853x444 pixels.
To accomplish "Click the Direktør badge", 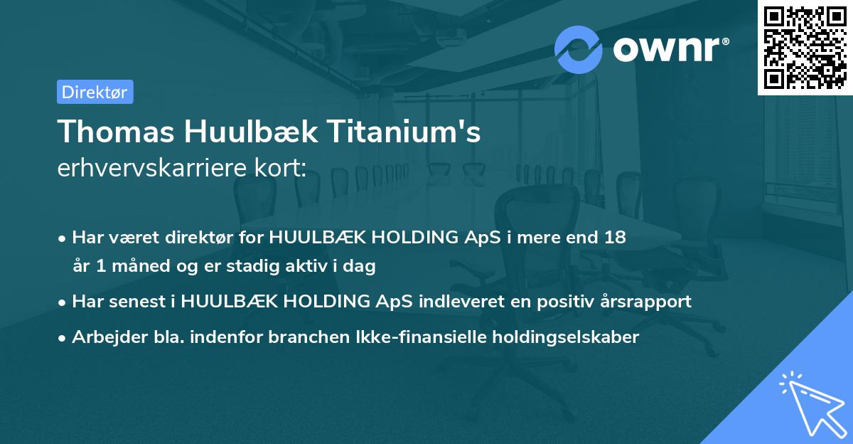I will (x=95, y=92).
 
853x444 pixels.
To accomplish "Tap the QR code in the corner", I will (x=805, y=47).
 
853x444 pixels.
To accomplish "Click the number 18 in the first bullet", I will (x=616, y=238).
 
